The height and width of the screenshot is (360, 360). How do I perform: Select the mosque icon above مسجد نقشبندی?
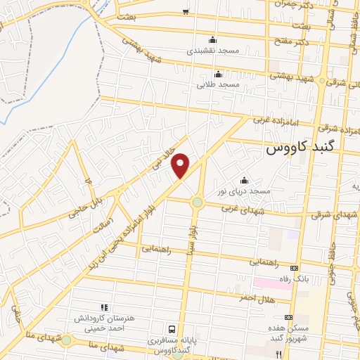212,39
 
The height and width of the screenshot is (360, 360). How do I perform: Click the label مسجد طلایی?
219,84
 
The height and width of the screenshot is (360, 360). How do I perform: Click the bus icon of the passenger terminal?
172,328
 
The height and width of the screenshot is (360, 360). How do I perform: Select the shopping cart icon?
186,11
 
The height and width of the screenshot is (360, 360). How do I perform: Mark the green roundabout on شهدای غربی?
197,202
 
